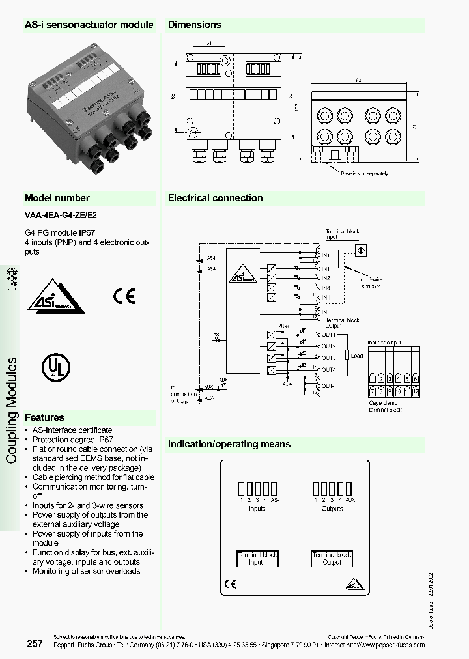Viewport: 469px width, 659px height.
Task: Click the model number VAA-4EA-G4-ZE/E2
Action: tap(61, 214)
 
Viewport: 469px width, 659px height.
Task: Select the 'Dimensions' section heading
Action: tap(195, 25)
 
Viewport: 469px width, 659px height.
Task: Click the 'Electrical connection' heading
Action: tap(216, 198)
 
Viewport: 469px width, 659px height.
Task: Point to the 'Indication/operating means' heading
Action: tap(229, 444)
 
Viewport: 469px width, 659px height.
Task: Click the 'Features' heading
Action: tap(44, 417)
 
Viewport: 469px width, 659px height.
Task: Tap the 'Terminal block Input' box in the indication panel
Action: tap(257, 558)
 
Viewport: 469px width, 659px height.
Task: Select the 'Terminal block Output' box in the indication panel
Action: tap(332, 558)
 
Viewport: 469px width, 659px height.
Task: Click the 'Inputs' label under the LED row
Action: tap(257, 508)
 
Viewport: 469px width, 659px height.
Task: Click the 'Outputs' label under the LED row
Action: tap(332, 508)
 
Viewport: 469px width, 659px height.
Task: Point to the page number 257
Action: tap(35, 644)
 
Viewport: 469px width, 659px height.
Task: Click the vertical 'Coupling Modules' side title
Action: tap(12, 410)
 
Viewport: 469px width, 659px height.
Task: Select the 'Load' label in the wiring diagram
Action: tap(357, 356)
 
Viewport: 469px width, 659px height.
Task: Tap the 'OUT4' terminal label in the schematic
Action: tap(329, 370)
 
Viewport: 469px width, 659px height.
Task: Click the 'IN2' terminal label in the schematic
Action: tap(326, 278)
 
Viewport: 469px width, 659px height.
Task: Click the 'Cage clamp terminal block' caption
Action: tap(385, 406)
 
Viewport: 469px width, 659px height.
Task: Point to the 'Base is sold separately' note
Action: tap(365, 173)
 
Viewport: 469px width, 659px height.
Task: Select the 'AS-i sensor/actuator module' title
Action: tap(89, 25)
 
